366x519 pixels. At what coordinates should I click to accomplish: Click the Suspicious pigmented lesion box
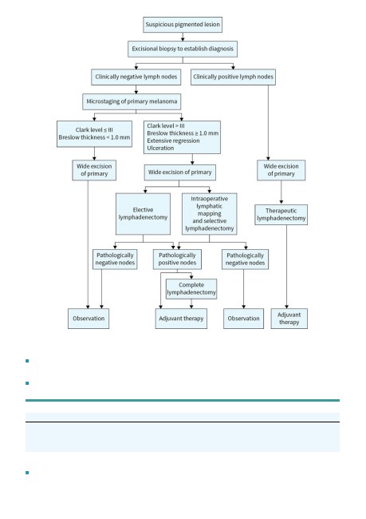click(x=183, y=25)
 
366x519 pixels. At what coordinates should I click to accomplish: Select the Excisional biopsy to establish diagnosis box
click(x=183, y=49)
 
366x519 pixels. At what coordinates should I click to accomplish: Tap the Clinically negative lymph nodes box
click(x=136, y=77)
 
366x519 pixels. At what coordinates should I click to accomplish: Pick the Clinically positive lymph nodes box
click(x=233, y=77)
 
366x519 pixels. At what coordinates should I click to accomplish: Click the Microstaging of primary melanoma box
click(x=132, y=101)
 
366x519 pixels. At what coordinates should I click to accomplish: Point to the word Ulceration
click(x=160, y=148)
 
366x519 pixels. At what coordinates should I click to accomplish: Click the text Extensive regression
click(x=173, y=141)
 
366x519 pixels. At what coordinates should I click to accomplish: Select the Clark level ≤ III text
click(x=94, y=129)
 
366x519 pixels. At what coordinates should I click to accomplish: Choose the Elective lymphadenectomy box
click(x=144, y=214)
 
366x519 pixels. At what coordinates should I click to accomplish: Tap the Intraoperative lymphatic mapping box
click(x=209, y=214)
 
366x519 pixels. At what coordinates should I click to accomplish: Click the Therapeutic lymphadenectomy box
click(x=281, y=215)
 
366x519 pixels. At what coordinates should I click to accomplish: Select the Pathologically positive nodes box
click(x=177, y=259)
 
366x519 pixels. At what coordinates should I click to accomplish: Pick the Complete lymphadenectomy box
click(x=191, y=289)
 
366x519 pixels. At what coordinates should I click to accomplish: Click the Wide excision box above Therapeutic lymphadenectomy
click(x=281, y=170)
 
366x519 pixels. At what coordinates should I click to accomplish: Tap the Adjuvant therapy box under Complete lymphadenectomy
click(x=181, y=319)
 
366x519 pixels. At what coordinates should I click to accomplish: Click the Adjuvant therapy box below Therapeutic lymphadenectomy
click(x=289, y=319)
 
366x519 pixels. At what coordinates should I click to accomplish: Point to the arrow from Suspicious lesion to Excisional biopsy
click(x=183, y=37)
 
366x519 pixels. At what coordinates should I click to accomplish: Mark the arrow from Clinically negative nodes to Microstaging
click(x=136, y=89)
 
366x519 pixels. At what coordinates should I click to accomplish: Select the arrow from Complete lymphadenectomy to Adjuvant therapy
click(x=191, y=304)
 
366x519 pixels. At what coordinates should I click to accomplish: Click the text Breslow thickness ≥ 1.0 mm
click(x=183, y=133)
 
